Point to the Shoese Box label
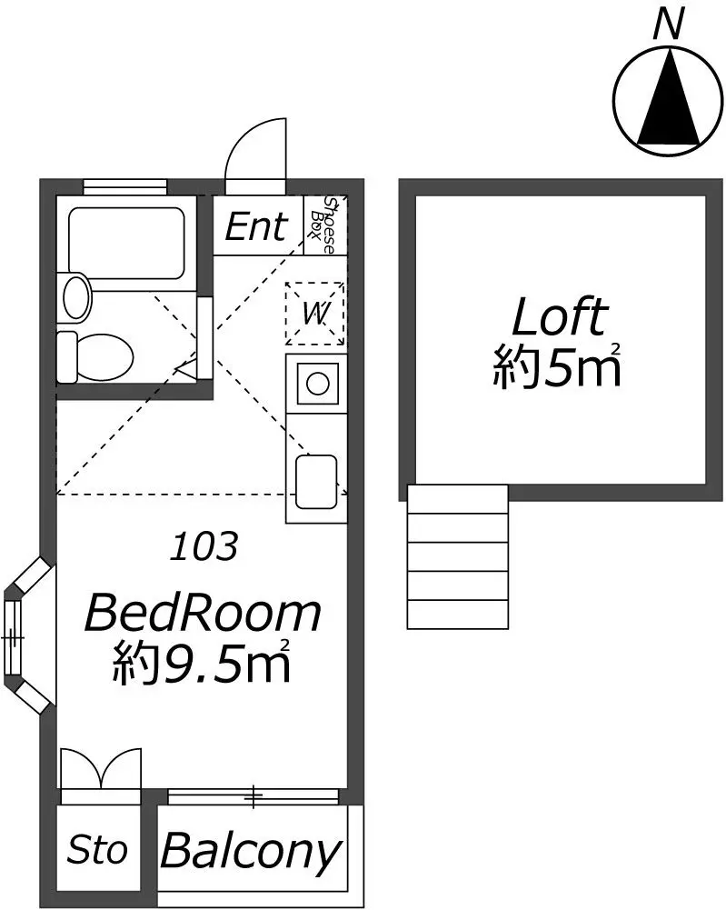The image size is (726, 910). coord(324,225)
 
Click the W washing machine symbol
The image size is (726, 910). coord(315,314)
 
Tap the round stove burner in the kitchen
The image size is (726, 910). coord(318,384)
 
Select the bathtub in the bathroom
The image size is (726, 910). coord(126,242)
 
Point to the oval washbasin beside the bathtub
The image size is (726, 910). coord(77,297)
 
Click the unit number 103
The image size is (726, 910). coord(204,546)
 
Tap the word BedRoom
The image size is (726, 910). coord(203,614)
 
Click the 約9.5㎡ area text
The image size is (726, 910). coord(201,663)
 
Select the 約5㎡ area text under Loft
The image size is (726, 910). coord(557,366)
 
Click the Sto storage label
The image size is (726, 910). coord(97,850)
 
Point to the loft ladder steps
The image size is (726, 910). coord(458,557)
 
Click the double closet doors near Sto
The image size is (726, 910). coord(101,768)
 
